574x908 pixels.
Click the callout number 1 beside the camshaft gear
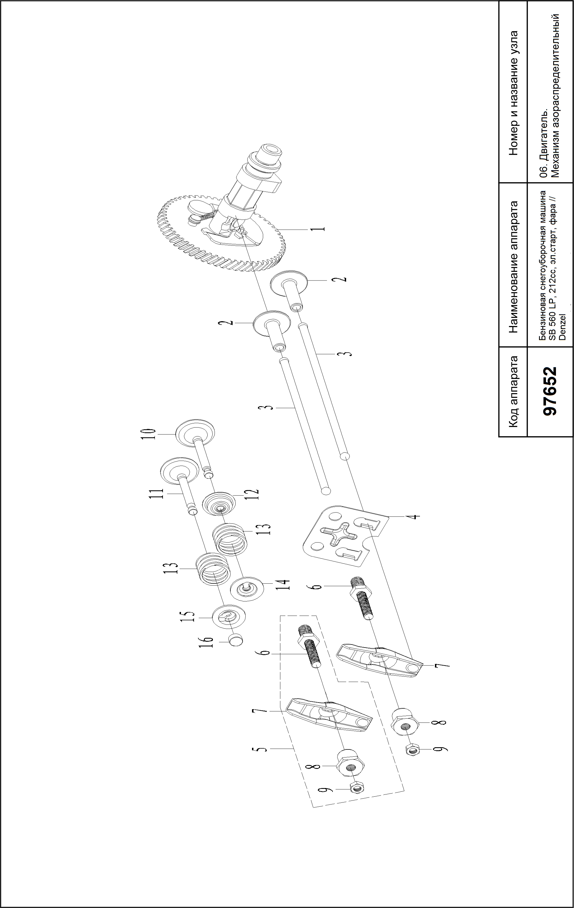(320, 229)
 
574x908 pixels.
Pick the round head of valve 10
(195, 434)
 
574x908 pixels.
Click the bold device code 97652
(550, 391)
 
